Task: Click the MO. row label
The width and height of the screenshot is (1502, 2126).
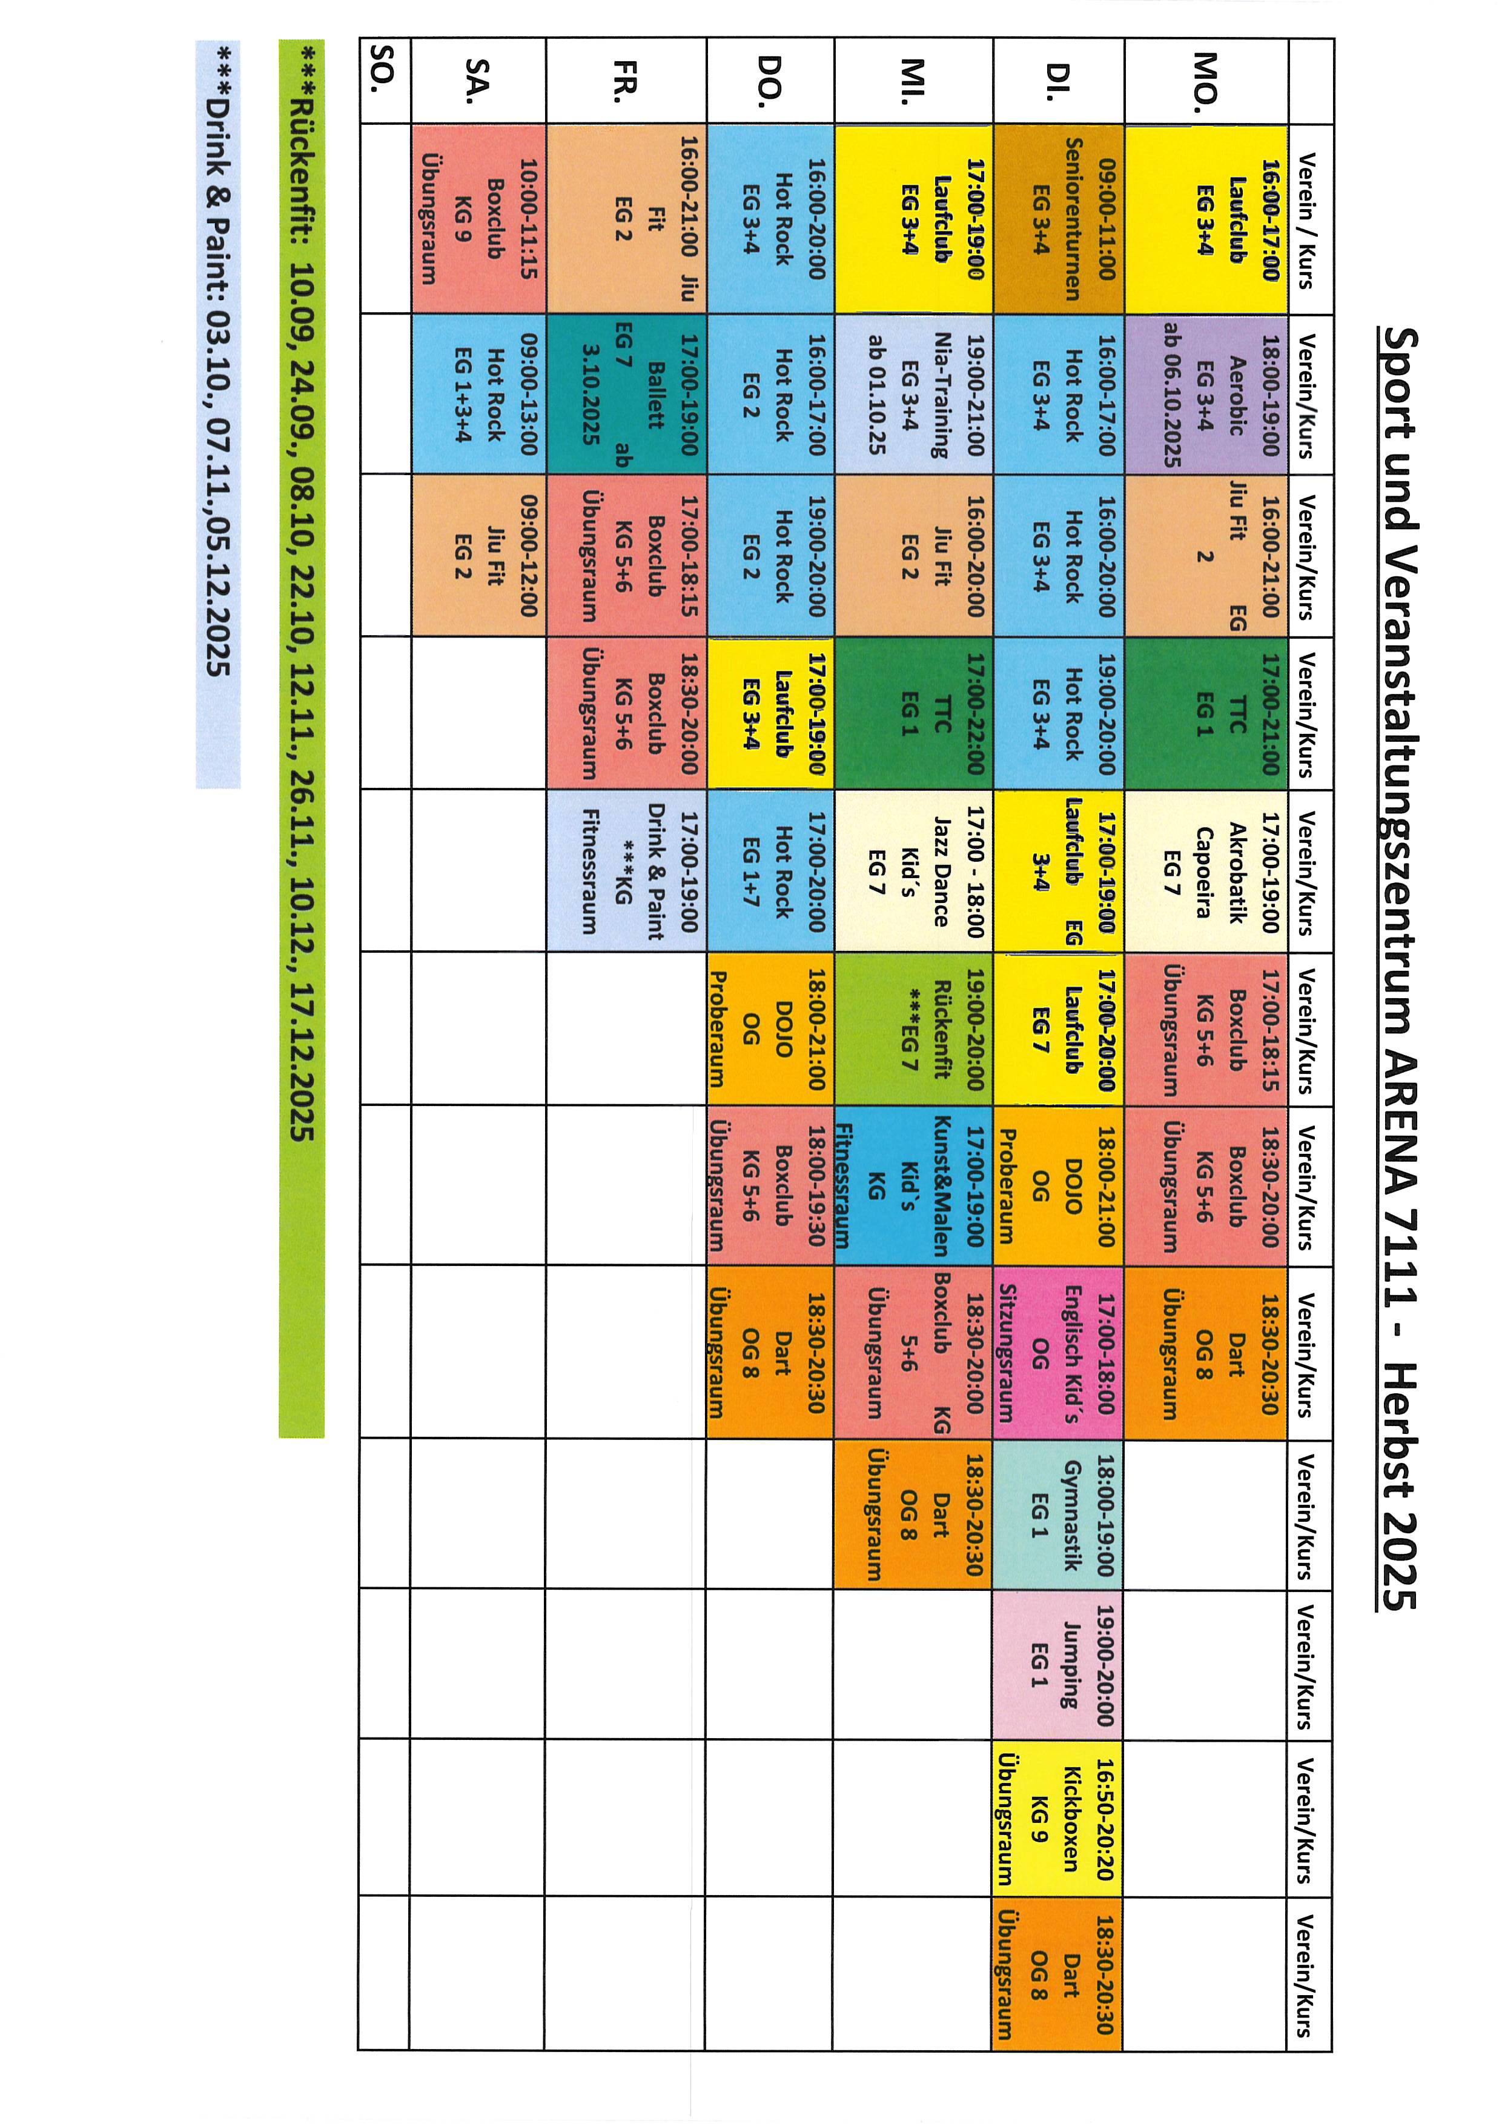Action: click(1206, 81)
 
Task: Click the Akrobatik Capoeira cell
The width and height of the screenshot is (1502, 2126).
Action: click(1206, 870)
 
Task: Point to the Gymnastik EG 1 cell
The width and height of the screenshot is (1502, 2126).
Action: click(1059, 1514)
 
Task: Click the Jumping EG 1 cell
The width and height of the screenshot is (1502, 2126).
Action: click(1059, 1665)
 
